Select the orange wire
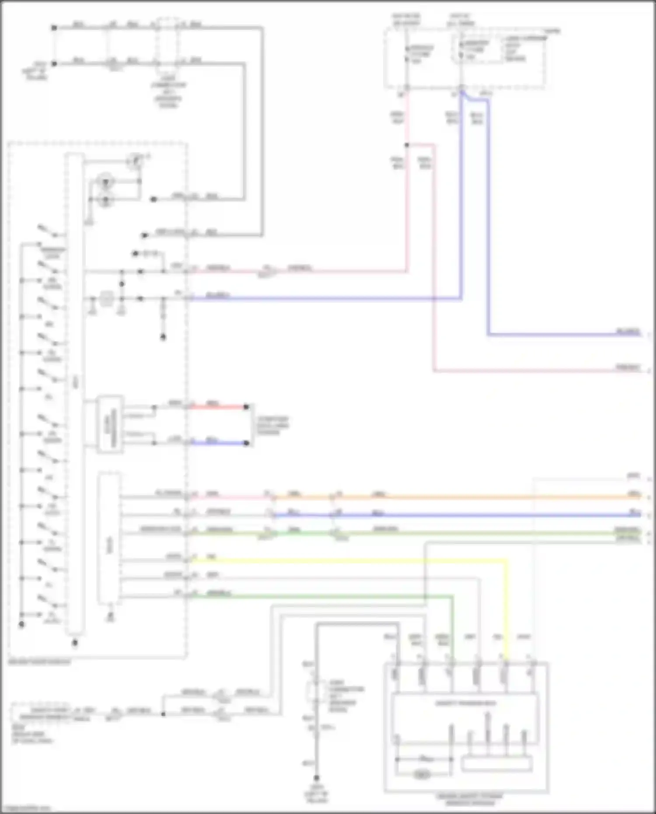click(481, 497)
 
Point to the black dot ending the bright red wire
click(246, 407)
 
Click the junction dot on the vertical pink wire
click(407, 145)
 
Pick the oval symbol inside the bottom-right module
click(422, 775)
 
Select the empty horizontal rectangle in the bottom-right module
click(497, 764)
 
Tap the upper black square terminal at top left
click(54, 28)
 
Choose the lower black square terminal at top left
click(54, 63)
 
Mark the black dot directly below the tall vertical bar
click(75, 643)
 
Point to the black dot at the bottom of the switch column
click(21, 625)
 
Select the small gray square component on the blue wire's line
click(106, 299)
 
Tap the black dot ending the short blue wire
click(246, 443)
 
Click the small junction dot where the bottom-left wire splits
click(163, 714)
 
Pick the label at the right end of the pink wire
click(628, 367)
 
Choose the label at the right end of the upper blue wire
click(628, 332)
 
